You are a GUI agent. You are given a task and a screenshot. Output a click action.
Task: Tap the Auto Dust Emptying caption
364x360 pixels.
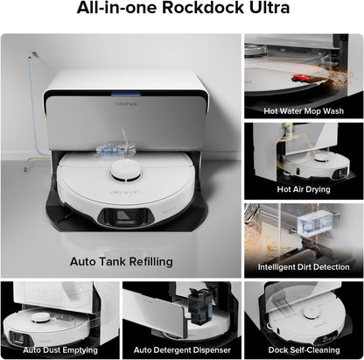point(59,351)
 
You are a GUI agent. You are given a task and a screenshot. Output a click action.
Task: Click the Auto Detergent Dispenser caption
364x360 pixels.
point(181,351)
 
